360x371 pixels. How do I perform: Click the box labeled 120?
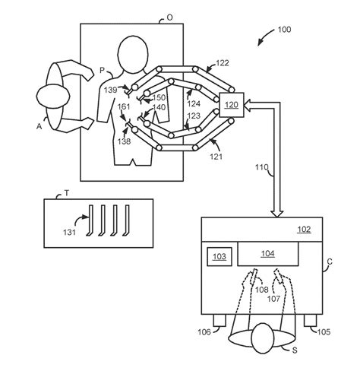231,105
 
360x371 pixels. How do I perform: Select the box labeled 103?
219,257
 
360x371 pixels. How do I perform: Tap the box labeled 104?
267,254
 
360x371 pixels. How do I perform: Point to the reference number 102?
302,228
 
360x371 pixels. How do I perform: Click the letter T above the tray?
67,194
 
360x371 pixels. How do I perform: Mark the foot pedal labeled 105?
311,322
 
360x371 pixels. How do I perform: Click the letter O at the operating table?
169,16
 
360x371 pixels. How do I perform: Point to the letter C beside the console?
330,262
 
